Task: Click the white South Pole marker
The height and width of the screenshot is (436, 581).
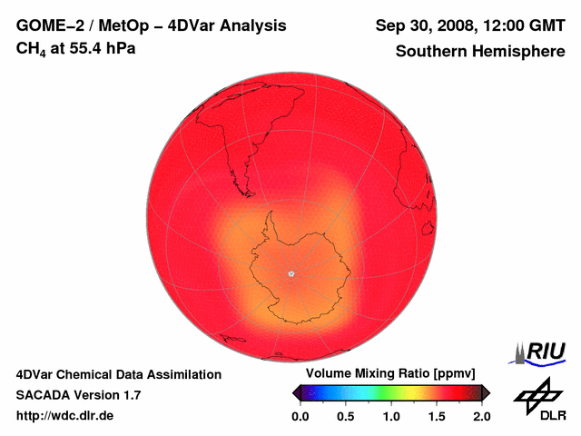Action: click(x=291, y=272)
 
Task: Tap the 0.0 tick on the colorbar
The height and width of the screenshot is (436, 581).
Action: click(x=300, y=416)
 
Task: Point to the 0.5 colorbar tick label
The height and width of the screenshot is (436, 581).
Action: click(x=346, y=416)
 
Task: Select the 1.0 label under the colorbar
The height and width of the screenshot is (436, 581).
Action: click(x=391, y=416)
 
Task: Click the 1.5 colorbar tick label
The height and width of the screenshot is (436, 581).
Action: click(x=437, y=416)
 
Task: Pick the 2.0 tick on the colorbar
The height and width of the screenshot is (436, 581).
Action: click(x=481, y=416)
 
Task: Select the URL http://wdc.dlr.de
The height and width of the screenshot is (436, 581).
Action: click(x=65, y=416)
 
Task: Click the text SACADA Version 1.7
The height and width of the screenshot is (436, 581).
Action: click(x=78, y=395)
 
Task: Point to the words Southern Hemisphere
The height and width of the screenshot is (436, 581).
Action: click(x=480, y=52)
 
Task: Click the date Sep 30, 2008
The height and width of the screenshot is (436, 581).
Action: click(x=420, y=25)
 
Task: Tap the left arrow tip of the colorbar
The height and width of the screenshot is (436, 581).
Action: click(x=295, y=392)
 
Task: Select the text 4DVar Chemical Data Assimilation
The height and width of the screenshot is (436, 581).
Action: click(x=119, y=374)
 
